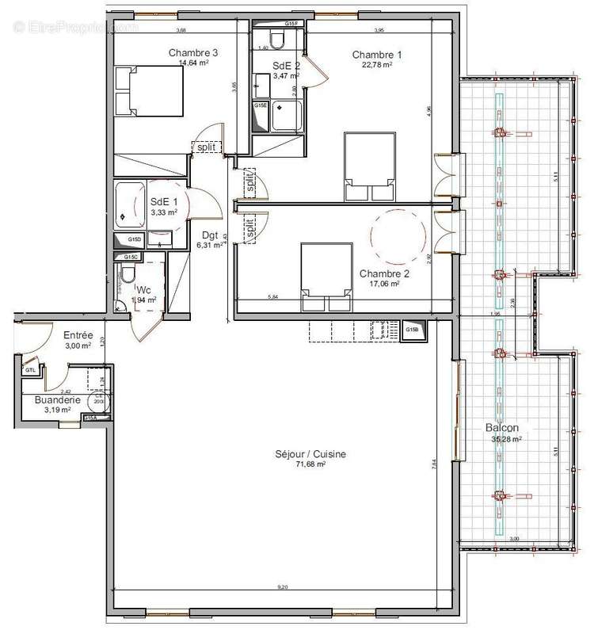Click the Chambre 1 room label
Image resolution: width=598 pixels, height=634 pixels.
tap(376, 54)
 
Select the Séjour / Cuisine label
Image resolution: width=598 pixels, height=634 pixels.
tap(299, 454)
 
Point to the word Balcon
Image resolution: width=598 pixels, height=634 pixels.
tap(502, 428)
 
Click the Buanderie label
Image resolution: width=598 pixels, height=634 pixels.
tap(57, 401)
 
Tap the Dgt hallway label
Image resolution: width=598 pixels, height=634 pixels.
tap(210, 235)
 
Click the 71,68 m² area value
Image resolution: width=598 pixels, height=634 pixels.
tap(299, 464)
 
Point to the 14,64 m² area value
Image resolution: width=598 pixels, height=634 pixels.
tap(192, 63)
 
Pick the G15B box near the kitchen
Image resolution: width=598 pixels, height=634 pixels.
tap(413, 330)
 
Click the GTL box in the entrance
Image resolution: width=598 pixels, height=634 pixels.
tap(30, 370)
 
